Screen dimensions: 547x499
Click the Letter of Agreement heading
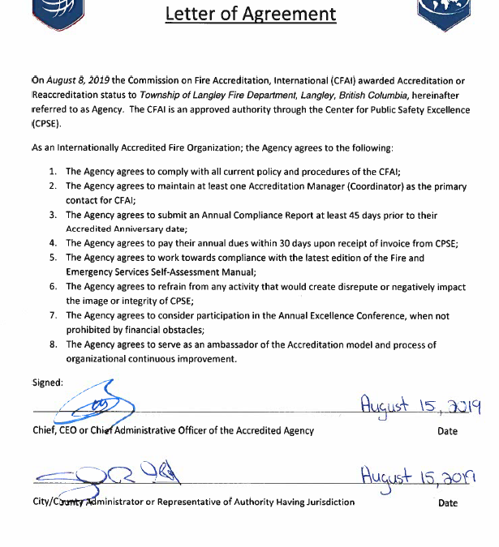pos(250,14)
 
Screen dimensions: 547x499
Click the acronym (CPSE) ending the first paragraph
pos(48,125)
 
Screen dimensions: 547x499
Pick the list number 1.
pos(52,172)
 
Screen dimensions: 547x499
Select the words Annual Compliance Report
pos(244,215)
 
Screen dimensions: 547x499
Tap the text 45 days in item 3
pos(357,215)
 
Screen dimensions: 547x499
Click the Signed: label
pos(47,382)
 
